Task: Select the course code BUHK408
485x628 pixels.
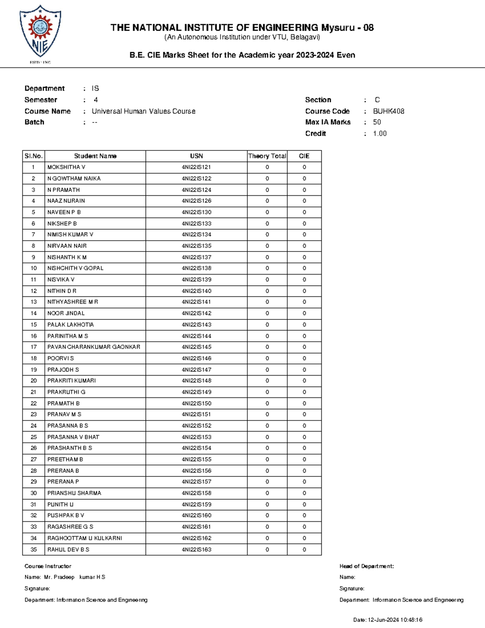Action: point(388,111)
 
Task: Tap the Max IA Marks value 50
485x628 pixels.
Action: point(377,122)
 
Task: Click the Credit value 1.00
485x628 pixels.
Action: point(380,133)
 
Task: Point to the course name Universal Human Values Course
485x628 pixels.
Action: point(143,111)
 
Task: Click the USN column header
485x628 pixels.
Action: point(196,156)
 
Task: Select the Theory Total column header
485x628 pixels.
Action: point(267,156)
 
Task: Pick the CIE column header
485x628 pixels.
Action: point(304,156)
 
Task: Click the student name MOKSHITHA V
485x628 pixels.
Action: point(66,167)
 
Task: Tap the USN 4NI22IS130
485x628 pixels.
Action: point(196,212)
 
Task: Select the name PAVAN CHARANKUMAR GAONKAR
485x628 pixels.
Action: point(94,347)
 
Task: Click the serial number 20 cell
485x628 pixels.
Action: point(34,381)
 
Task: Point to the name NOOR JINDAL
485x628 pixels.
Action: point(66,313)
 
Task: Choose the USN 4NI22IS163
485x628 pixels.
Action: point(196,550)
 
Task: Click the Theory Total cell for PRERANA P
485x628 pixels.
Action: point(267,482)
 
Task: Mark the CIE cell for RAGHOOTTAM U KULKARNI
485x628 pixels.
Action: point(304,538)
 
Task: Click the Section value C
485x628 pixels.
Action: point(377,100)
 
